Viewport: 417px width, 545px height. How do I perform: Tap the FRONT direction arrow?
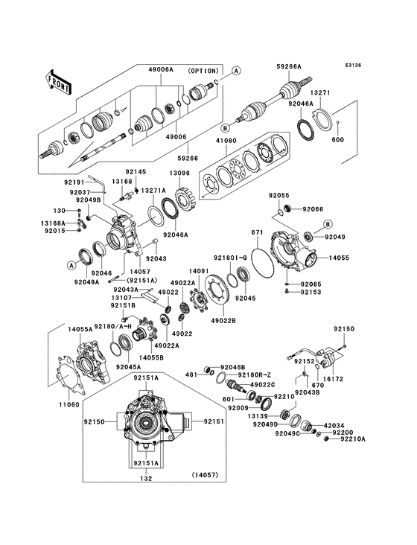pos(58,81)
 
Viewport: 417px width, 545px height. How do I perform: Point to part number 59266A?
pos(289,67)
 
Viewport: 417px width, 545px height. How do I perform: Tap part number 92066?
pos(313,209)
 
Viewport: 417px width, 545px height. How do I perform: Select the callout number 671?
pos(257,232)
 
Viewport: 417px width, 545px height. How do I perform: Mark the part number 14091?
pos(198,272)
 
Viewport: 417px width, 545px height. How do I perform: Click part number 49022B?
pos(224,320)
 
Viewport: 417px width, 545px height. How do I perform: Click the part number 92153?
pos(311,293)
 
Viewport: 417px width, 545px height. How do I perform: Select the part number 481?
pos(191,375)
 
